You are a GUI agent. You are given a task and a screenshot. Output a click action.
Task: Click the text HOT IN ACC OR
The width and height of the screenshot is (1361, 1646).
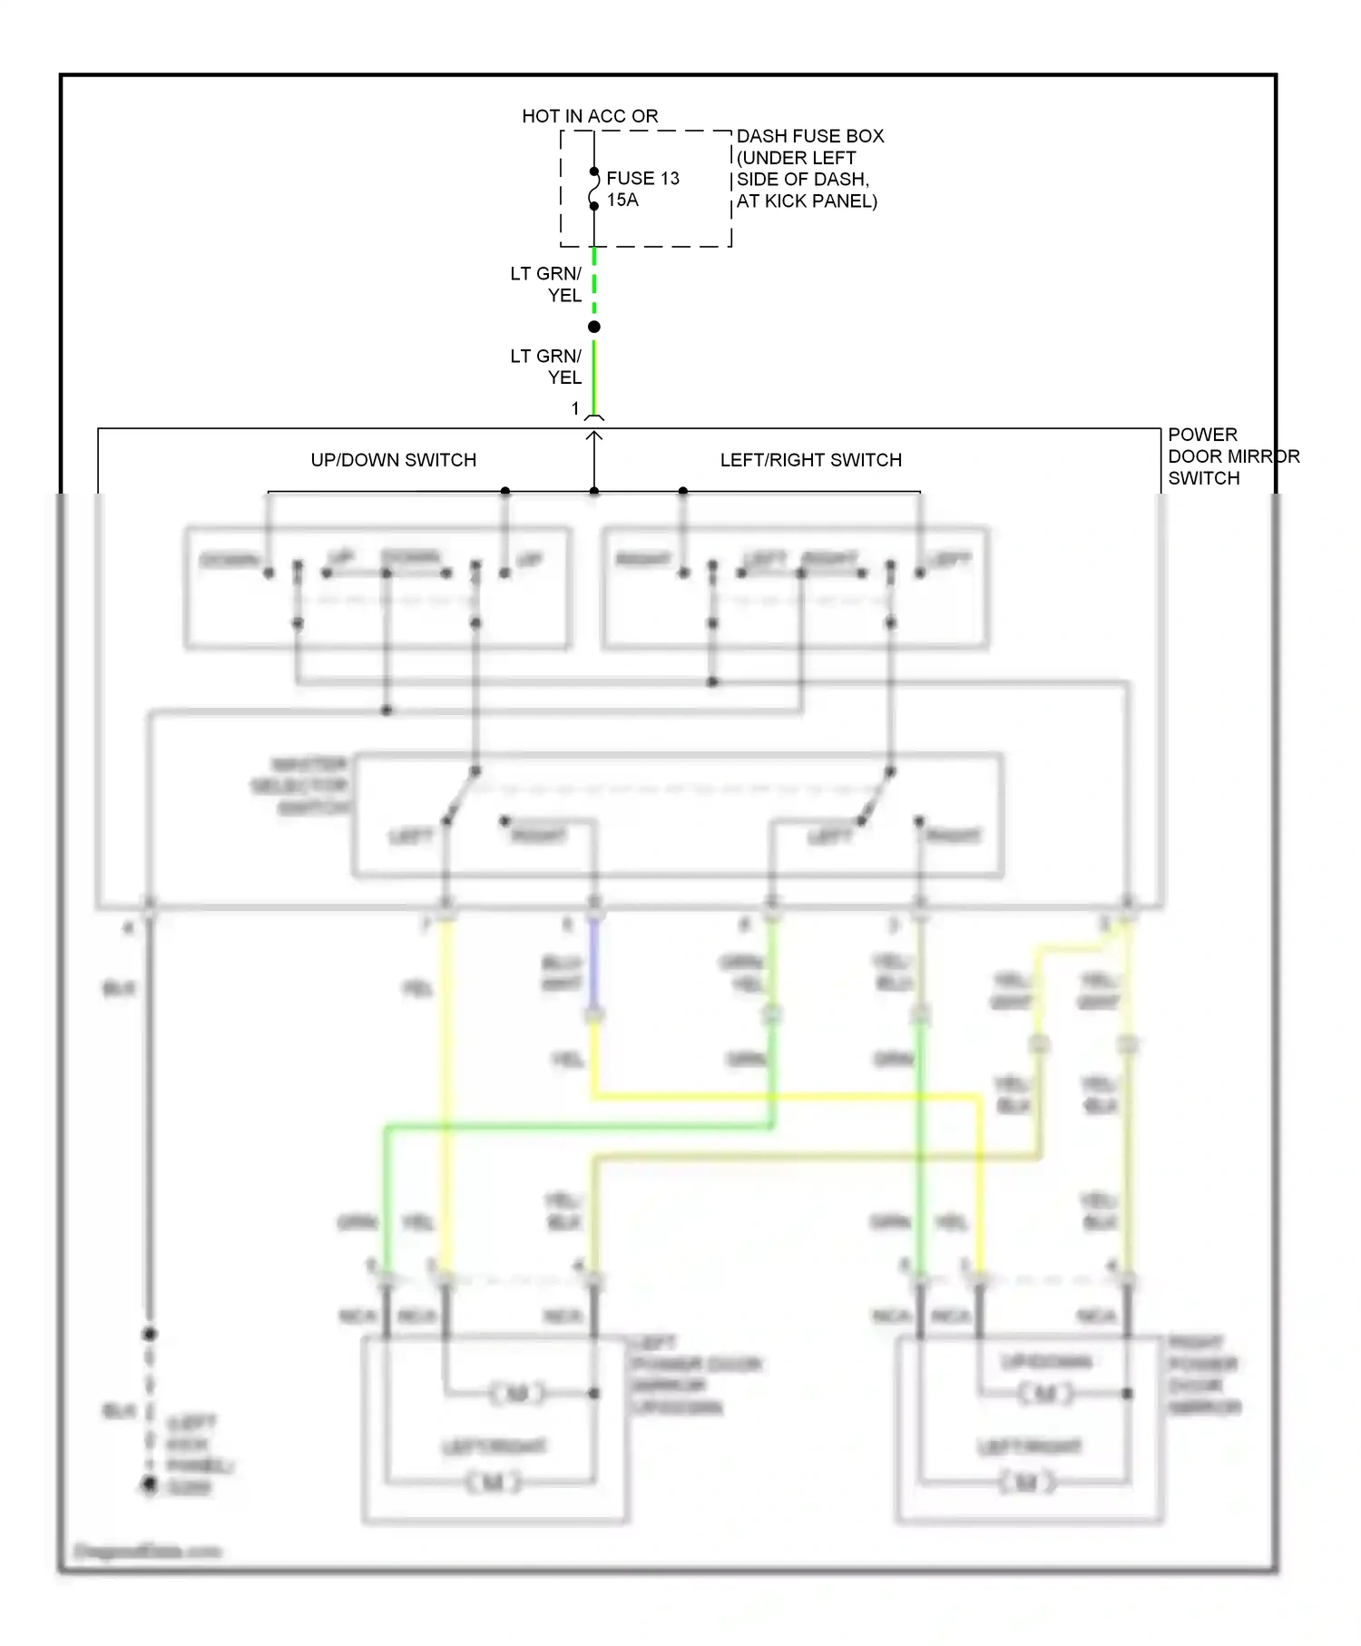coord(590,116)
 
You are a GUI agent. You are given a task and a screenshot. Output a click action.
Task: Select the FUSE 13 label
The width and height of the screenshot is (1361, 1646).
coord(642,178)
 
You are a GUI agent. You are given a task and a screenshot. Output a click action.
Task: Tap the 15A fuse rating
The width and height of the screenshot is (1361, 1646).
coord(622,200)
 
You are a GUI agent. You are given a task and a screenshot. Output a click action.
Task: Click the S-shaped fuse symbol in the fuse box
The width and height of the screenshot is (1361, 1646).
coord(594,189)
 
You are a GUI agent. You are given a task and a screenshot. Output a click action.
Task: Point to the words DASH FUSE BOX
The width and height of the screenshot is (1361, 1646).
coord(809,136)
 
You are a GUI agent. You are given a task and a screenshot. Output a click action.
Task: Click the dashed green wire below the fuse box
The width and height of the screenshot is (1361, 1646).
coord(594,281)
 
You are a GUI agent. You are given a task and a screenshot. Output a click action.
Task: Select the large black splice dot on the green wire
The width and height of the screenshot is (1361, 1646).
coord(594,327)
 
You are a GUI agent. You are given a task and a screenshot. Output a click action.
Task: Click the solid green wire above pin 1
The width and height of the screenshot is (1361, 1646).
coord(594,377)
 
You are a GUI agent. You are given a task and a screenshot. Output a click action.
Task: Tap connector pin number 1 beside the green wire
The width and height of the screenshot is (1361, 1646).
coord(575,408)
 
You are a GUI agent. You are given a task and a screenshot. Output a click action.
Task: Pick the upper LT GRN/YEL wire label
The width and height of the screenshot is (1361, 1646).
coord(546,284)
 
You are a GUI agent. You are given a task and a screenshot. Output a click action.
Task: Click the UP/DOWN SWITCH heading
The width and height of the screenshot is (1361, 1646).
coord(393,460)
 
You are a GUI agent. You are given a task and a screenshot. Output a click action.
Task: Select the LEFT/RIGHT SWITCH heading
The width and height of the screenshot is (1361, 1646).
coord(810,460)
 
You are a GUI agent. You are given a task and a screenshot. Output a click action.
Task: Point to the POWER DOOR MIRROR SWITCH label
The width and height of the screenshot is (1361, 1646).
coord(1232,456)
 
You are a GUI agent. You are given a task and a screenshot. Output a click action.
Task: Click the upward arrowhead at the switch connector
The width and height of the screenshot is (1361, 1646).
coord(594,436)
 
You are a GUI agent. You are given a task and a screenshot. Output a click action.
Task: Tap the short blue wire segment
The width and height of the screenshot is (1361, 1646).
coord(594,962)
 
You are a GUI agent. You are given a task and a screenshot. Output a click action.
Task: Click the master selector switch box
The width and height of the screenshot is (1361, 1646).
coord(677,815)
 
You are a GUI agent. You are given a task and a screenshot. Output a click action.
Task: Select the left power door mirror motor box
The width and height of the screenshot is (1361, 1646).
coord(495,1428)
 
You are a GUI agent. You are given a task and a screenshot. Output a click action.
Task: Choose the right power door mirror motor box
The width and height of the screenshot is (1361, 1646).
coord(1029,1428)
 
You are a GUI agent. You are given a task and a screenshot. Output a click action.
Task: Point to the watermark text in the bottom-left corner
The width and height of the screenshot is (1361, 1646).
coord(147,1551)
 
